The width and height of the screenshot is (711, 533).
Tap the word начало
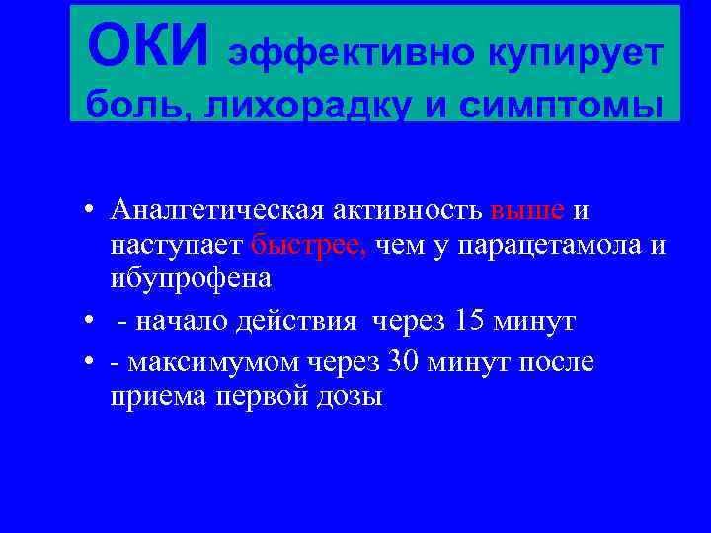coord(177,322)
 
